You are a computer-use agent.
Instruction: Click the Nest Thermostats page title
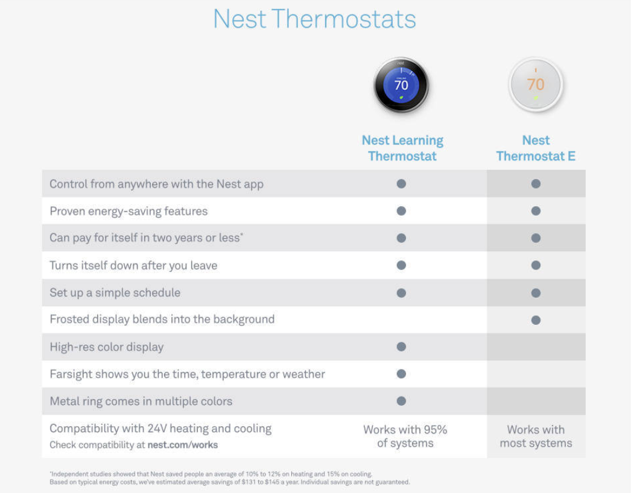(314, 19)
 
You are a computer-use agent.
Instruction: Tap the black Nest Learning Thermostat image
(401, 85)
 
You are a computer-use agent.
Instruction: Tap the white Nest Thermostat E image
(536, 85)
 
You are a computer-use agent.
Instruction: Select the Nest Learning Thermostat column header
(402, 148)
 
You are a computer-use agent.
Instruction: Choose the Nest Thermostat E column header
(536, 148)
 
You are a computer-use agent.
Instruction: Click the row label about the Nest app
(156, 184)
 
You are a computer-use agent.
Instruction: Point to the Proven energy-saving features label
(128, 211)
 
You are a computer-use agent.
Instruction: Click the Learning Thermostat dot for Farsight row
(401, 374)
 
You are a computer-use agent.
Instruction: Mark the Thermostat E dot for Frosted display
(536, 320)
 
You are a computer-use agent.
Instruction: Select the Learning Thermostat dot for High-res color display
(401, 347)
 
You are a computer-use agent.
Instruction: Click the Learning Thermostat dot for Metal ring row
(401, 401)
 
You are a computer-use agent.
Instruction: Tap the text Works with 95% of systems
(405, 436)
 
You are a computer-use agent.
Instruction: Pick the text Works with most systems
(536, 436)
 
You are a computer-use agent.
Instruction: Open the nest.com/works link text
(183, 445)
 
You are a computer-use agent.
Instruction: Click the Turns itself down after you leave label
(133, 265)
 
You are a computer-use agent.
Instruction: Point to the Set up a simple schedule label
(115, 292)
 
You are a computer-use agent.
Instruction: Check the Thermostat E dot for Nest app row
(536, 184)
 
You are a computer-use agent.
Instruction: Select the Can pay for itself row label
(146, 238)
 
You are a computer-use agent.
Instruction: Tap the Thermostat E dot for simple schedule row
(536, 292)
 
